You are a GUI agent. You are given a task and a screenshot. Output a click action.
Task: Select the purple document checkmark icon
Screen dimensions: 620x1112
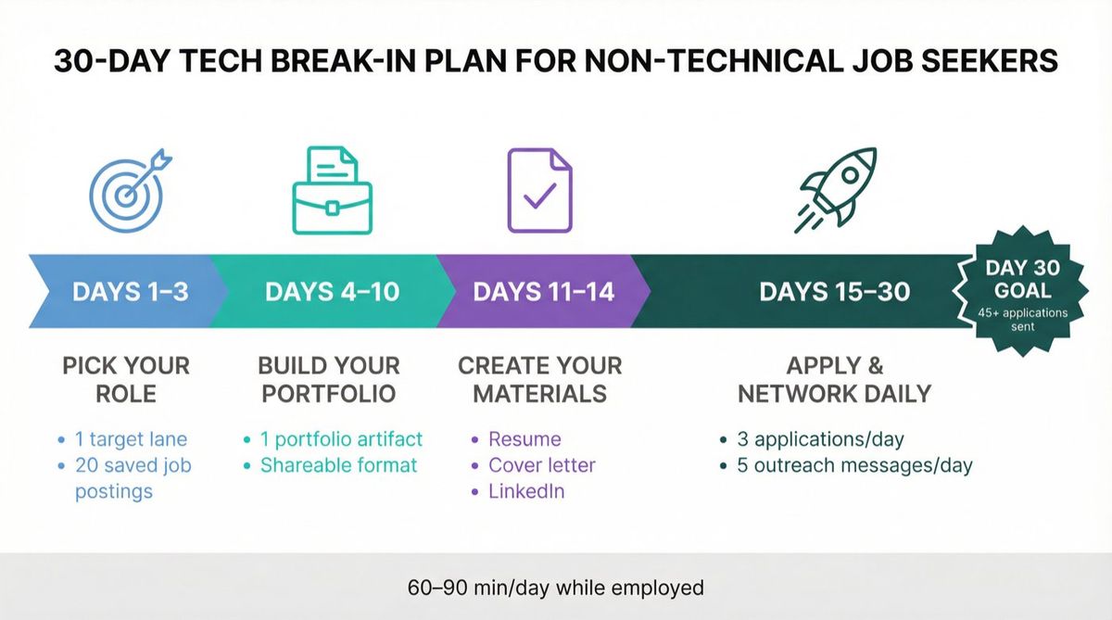point(539,190)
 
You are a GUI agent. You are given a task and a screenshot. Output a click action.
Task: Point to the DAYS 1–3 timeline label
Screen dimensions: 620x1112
point(130,292)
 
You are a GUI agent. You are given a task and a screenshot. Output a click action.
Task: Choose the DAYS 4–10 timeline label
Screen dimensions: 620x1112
point(332,292)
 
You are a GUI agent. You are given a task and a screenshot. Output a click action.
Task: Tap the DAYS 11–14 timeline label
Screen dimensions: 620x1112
point(544,292)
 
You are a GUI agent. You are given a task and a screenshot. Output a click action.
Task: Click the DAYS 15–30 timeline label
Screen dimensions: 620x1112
point(834,292)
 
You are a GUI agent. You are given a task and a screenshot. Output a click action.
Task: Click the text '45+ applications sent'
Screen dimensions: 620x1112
point(1023,319)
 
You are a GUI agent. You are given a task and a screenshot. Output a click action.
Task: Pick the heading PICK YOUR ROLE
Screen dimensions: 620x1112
point(127,378)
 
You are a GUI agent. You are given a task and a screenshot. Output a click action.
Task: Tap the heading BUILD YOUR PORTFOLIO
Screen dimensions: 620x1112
point(329,378)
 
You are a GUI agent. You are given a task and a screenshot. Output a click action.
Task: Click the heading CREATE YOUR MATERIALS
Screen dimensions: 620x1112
point(539,378)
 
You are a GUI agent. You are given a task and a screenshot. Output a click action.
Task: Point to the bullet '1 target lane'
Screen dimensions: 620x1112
point(131,439)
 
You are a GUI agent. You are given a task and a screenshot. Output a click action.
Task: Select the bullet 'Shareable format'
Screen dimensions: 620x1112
point(338,465)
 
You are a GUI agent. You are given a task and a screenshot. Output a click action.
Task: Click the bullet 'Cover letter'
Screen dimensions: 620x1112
point(541,465)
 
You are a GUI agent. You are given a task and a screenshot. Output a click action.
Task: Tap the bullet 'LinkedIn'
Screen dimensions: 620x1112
point(526,491)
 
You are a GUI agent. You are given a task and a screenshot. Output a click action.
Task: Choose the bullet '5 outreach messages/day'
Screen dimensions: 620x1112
point(854,465)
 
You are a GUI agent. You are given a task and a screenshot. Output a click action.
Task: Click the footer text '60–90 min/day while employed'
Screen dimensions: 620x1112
point(556,588)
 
